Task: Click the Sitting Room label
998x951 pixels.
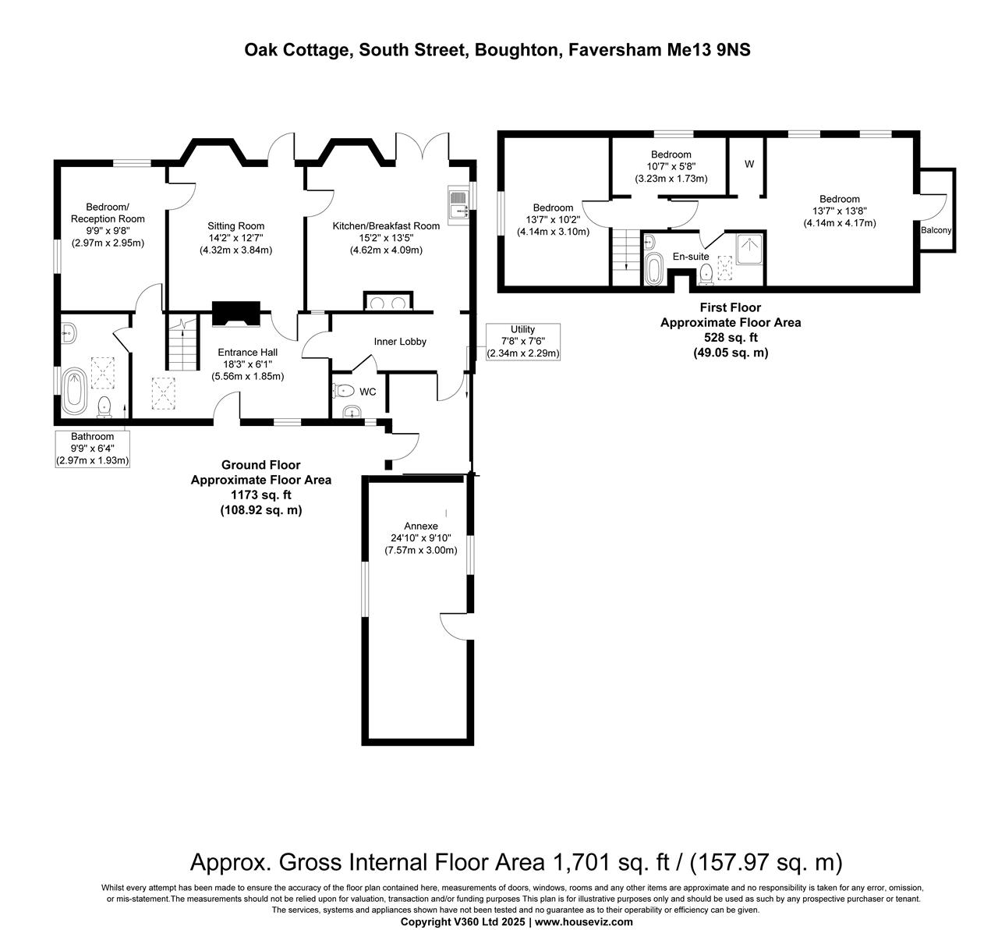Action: coord(235,226)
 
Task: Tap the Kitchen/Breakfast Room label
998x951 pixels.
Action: coord(386,226)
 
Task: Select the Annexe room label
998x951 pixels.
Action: coord(421,527)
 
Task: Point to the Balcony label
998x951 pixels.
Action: coord(936,230)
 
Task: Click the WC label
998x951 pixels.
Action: coord(367,392)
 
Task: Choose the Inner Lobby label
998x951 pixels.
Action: coord(400,342)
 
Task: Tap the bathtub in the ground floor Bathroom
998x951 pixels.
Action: coord(75,391)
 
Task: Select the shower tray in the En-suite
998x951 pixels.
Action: coord(749,249)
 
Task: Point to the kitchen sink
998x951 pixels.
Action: coord(459,203)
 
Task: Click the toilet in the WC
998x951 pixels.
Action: coord(343,391)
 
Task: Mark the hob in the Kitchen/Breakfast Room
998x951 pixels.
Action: coord(388,302)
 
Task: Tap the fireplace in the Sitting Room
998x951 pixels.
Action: coord(236,314)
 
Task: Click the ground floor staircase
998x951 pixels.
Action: coord(182,342)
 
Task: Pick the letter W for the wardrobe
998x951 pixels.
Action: coord(749,164)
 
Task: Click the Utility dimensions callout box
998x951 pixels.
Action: coord(523,342)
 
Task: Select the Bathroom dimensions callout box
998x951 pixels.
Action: coord(92,449)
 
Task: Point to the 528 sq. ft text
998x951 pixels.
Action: coord(731,337)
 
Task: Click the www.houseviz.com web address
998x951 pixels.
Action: coord(584,921)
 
